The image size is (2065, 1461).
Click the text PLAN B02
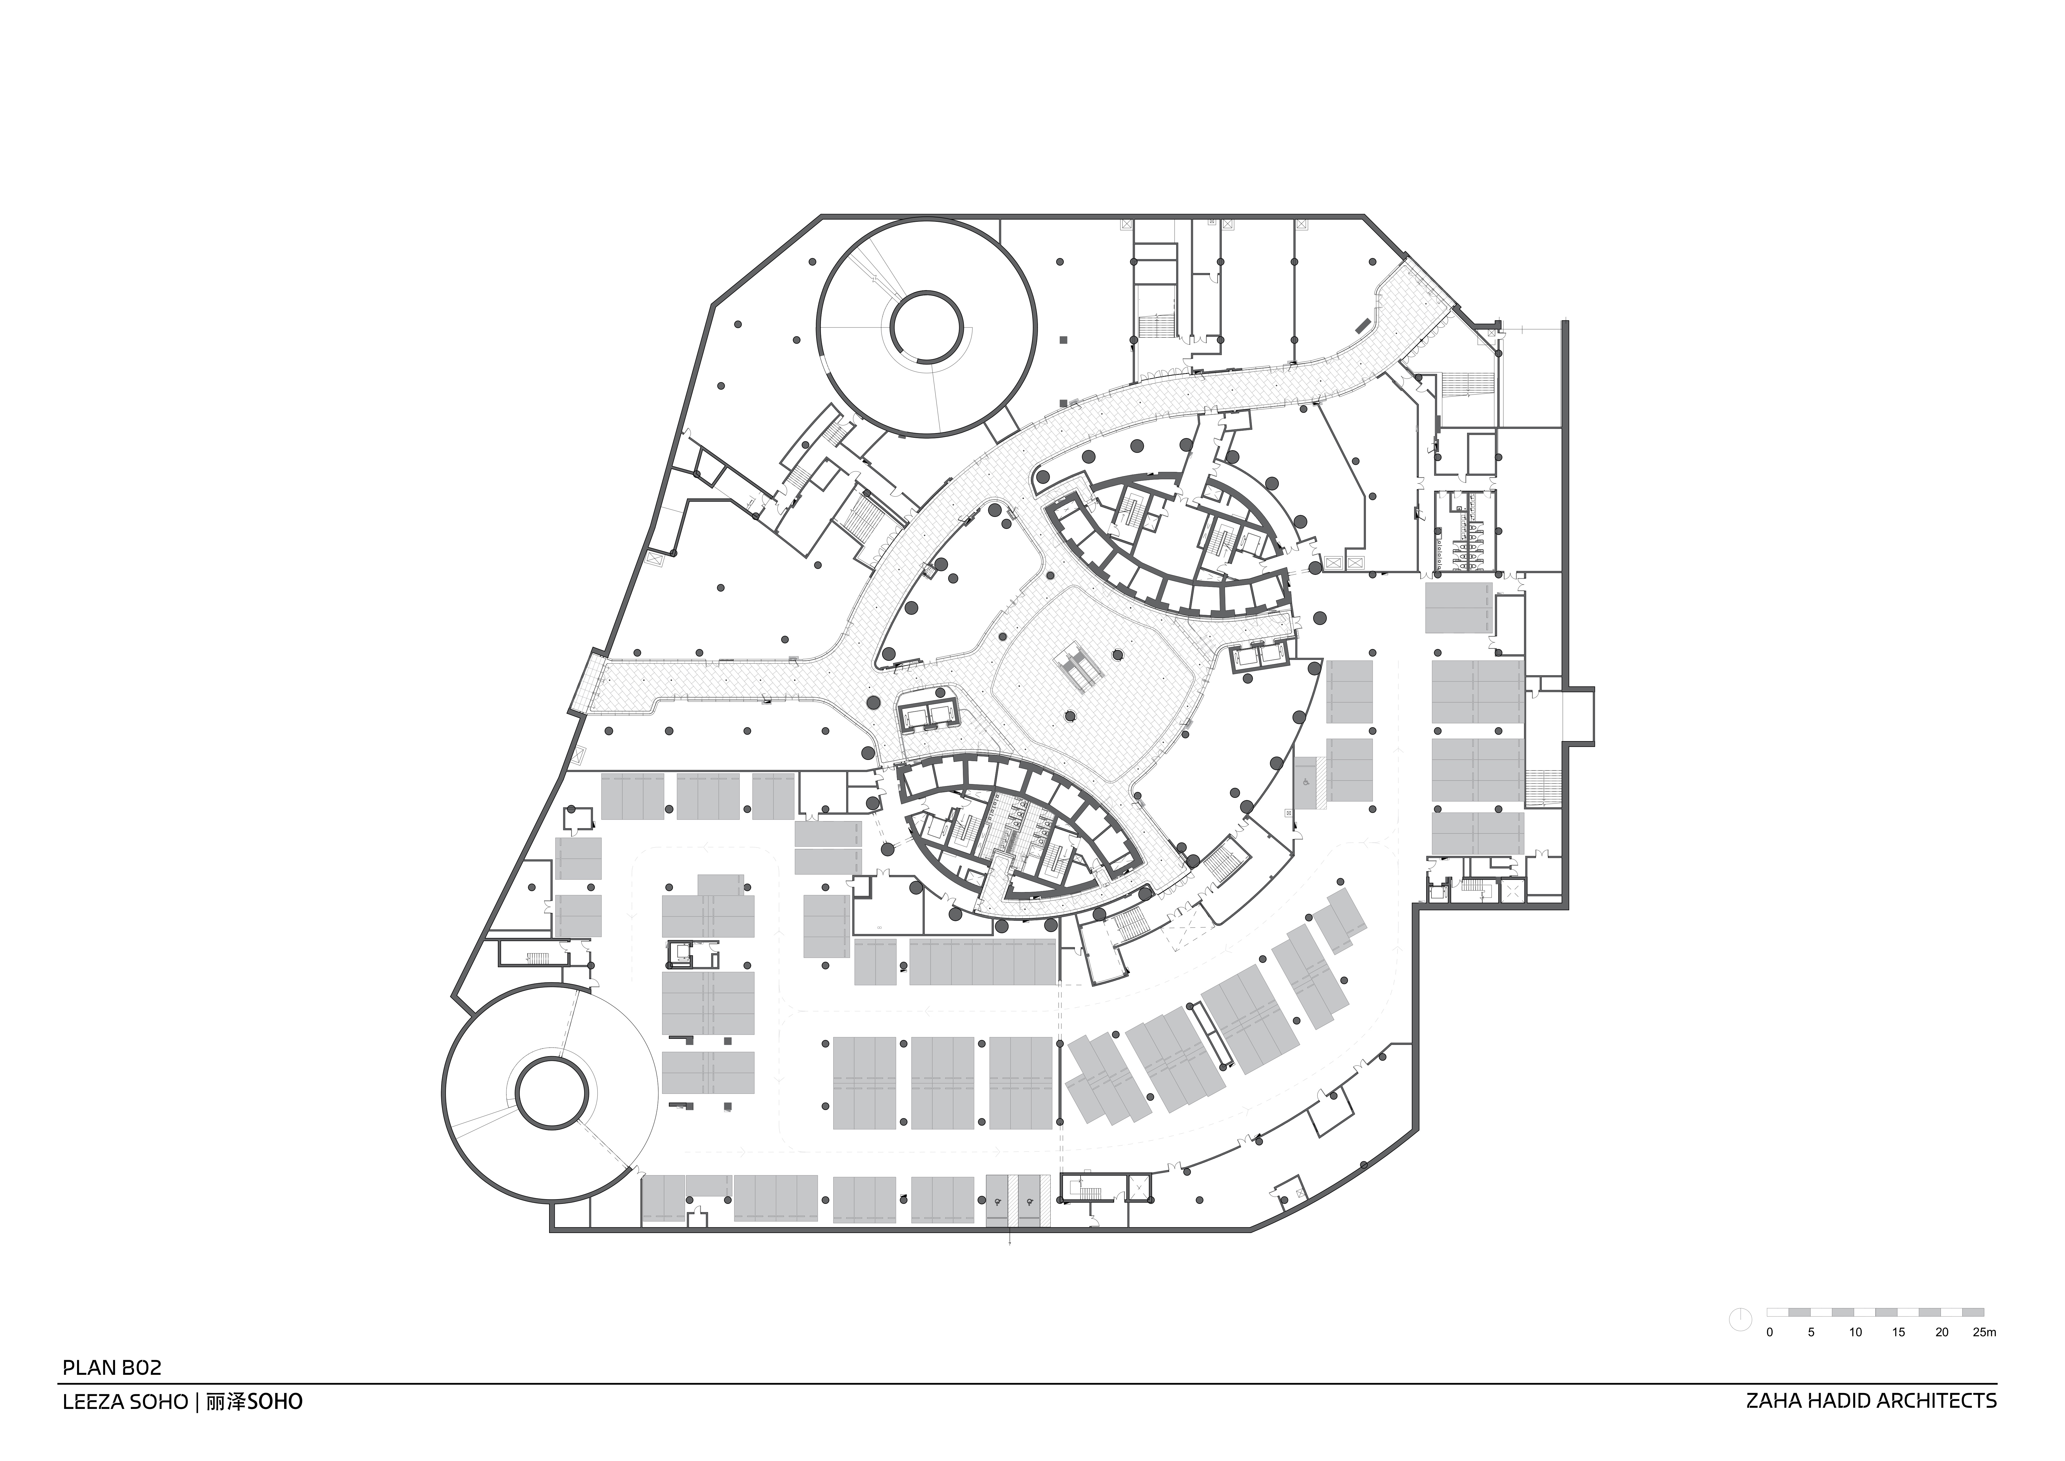point(111,1368)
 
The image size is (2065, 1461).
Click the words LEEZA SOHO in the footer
point(125,1402)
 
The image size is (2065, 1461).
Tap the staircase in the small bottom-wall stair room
point(1091,1193)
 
